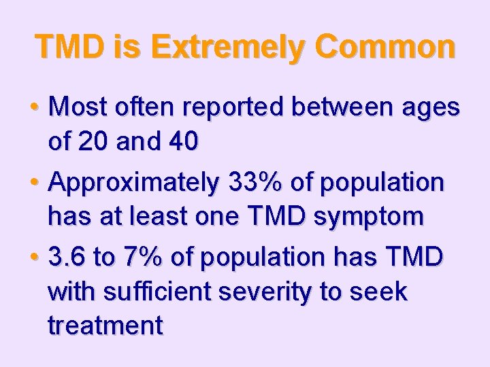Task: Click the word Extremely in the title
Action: [x=221, y=47]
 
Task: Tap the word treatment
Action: [x=105, y=326]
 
